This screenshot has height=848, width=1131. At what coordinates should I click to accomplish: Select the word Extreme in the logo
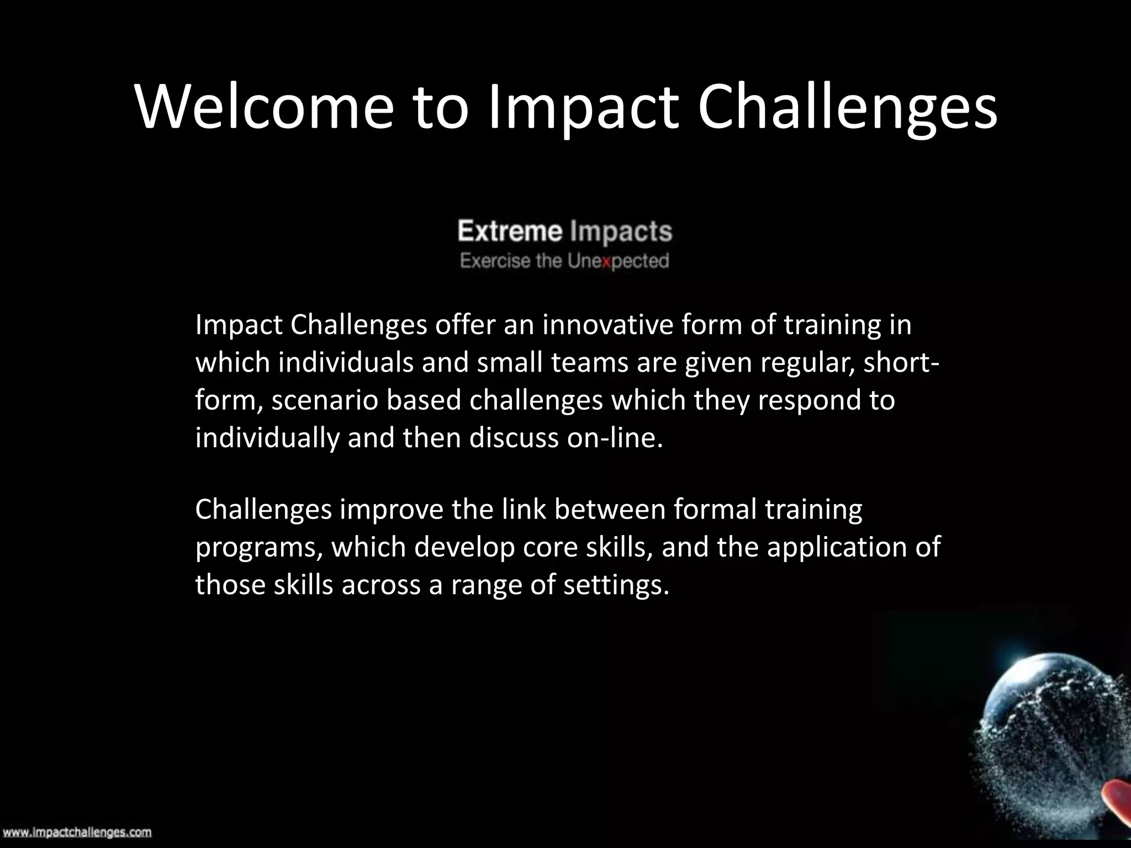510,231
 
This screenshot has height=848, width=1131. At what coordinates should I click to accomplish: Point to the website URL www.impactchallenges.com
76,832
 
